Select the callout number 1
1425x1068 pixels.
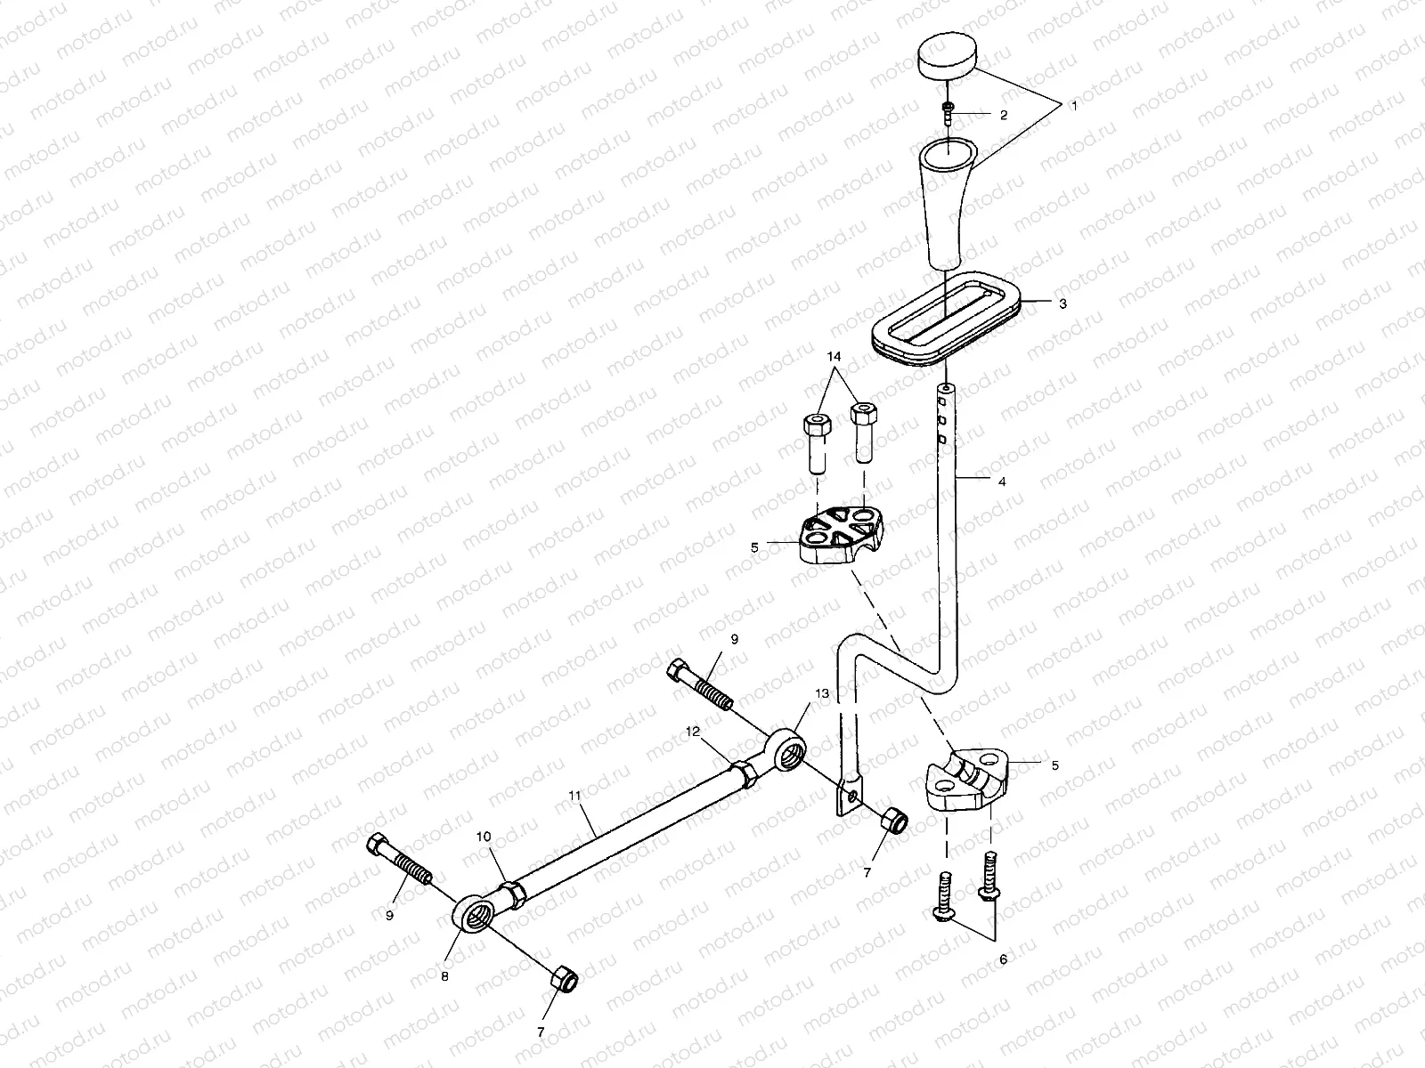[x=1073, y=106]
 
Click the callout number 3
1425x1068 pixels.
[x=1061, y=303]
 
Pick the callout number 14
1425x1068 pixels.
[x=834, y=357]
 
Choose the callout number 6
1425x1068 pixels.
[x=1003, y=960]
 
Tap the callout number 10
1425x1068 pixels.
[x=484, y=837]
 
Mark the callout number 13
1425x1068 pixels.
[x=820, y=692]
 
